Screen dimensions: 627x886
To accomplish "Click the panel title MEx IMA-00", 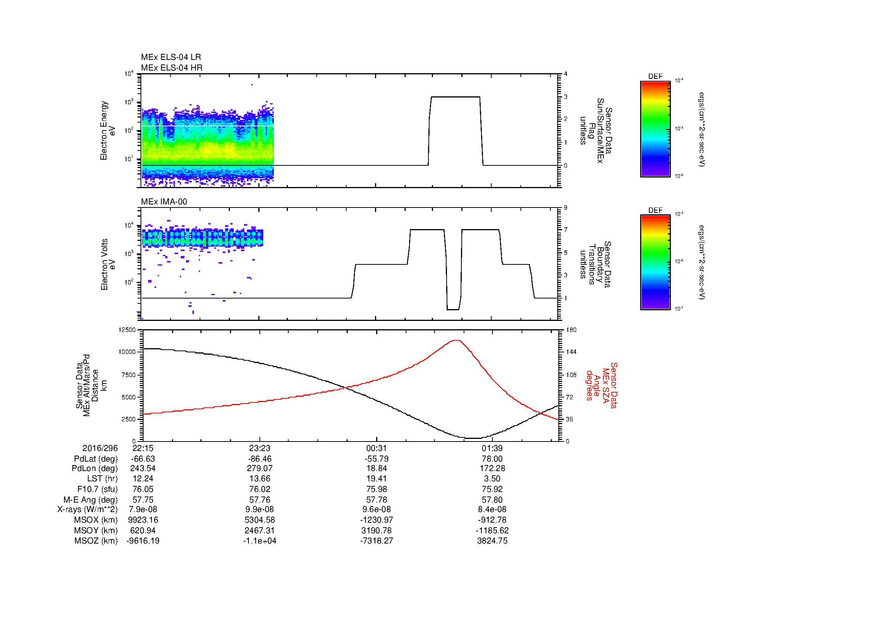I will pos(164,202).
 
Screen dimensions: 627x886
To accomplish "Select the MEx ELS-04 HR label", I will pos(172,68).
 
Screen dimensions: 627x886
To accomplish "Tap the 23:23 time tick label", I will pos(260,448).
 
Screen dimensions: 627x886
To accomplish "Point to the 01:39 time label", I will pos(492,448).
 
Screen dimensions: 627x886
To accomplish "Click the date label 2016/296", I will pos(100,448).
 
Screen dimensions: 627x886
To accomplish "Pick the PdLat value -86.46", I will pos(260,459).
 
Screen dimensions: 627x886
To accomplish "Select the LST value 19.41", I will pos(376,479).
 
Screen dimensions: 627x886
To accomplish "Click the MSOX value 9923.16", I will pos(143,520).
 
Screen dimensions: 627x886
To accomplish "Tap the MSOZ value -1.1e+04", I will pos(260,541).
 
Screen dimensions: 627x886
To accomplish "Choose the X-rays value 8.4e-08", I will pos(492,509).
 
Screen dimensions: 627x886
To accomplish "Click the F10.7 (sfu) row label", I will pos(97,489).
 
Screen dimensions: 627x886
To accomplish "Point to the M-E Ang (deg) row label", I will pos(91,500).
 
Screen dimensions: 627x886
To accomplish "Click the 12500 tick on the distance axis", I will pos(127,330).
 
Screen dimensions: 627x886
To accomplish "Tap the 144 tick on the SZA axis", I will pos(571,352).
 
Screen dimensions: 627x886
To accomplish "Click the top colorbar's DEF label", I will pos(655,77).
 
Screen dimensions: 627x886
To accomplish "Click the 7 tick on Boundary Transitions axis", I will pos(566,230).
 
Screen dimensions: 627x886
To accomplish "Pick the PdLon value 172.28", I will pos(492,468).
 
